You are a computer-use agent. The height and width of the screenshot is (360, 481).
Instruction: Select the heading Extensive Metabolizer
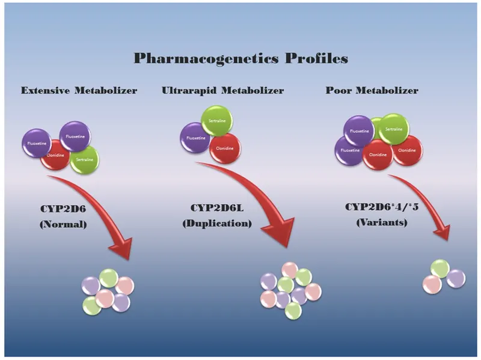pyautogui.click(x=79, y=91)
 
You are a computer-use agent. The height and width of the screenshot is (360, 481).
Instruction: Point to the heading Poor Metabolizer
pyautogui.click(x=380, y=91)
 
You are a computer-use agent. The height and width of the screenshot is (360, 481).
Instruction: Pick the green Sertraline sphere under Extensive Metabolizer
pyautogui.click(x=84, y=159)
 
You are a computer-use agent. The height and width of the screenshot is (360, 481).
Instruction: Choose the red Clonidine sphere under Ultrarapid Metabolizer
pyautogui.click(x=225, y=148)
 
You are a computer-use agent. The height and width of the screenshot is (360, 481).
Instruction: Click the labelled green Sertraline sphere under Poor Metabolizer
pyautogui.click(x=394, y=129)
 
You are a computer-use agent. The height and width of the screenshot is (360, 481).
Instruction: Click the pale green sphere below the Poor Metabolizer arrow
pyautogui.click(x=440, y=268)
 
